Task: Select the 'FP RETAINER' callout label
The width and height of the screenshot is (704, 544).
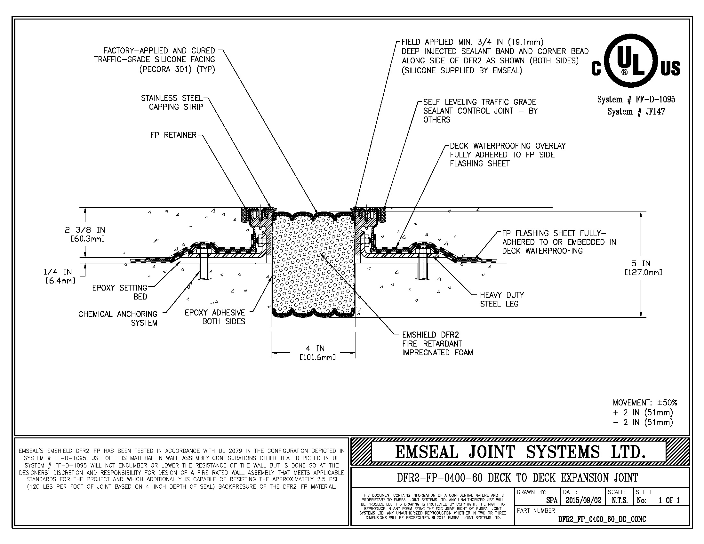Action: pos(173,135)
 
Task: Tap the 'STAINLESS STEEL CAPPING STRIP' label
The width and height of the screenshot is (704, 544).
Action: pos(172,102)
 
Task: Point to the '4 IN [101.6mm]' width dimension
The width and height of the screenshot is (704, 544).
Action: pos(315,353)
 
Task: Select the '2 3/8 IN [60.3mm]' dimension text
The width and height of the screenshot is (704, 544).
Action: pos(85,234)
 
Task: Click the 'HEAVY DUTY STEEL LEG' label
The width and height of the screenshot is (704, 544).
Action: pos(501,300)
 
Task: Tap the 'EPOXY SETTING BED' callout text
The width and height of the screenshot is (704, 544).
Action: pos(120,292)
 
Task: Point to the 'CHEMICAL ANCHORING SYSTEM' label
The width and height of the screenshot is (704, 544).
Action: pos(118,318)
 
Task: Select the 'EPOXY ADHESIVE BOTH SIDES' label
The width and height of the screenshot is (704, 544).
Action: pos(215,317)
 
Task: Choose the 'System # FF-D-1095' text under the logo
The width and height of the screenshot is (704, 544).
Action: pos(636,100)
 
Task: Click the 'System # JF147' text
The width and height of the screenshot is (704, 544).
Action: pos(636,112)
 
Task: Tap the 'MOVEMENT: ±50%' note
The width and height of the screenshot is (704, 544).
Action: pos(645,403)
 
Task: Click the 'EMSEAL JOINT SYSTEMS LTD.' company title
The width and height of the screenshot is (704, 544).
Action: pos(520,452)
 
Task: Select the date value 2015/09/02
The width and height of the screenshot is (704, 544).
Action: pos(583,500)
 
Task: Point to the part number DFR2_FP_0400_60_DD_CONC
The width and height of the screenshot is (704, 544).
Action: pos(602,519)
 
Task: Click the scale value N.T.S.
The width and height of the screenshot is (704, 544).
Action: pos(619,500)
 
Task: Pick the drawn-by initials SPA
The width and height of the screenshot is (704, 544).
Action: pos(552,500)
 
